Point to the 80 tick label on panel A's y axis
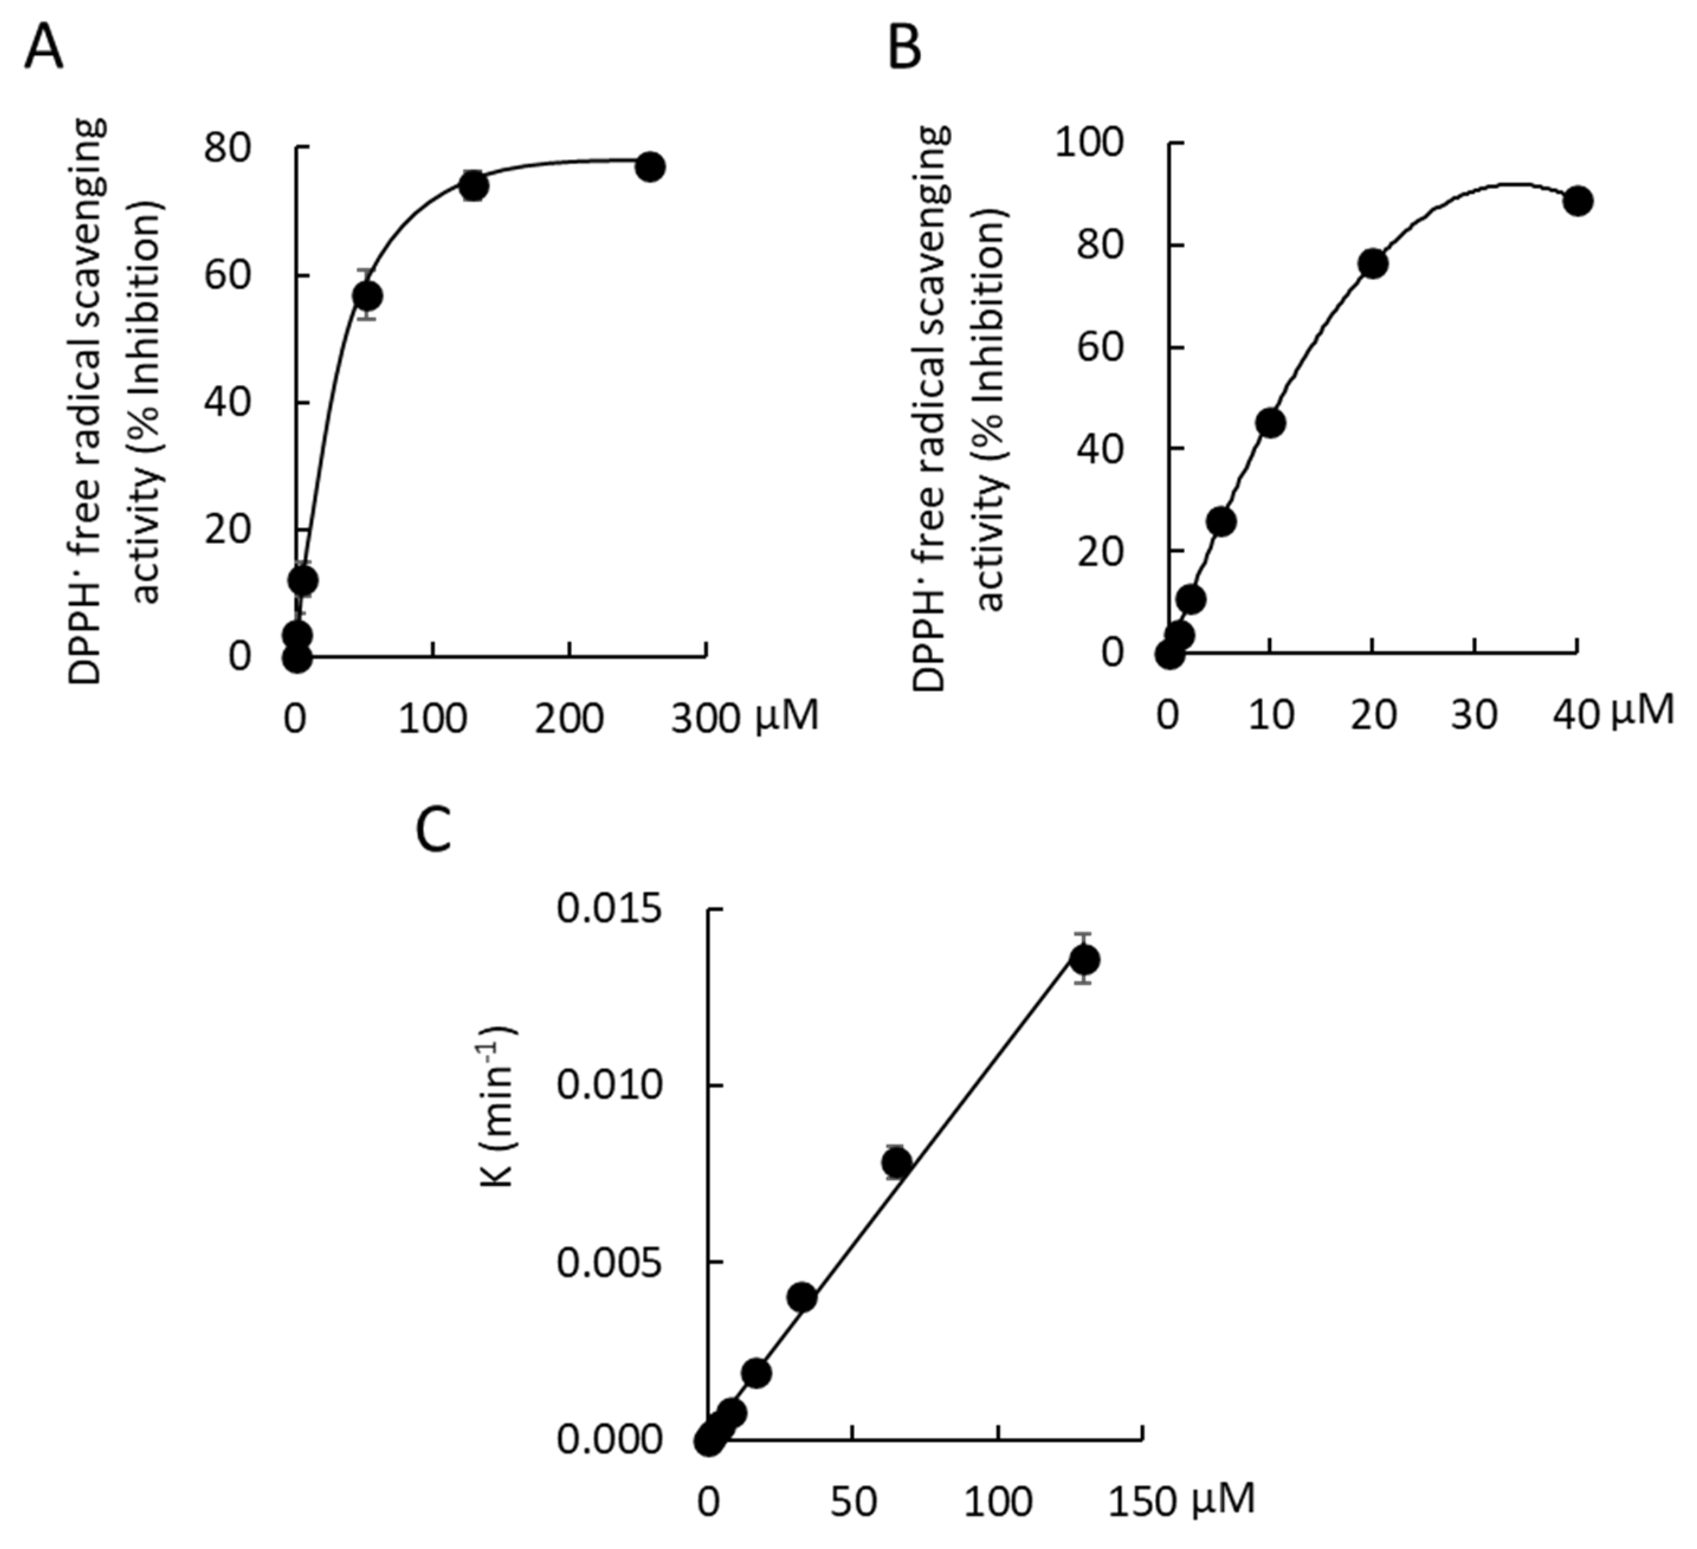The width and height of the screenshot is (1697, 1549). (x=227, y=148)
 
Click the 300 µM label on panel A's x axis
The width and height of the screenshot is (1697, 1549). (x=744, y=718)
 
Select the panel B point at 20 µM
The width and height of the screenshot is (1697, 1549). (x=1373, y=264)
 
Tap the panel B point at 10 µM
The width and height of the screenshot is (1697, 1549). (x=1270, y=423)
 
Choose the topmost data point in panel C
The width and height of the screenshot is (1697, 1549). (x=1084, y=959)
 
